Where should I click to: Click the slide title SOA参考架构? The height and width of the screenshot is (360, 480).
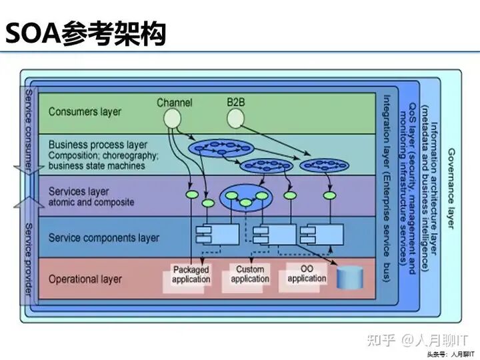click(85, 33)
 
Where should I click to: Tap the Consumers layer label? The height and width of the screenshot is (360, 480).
click(85, 112)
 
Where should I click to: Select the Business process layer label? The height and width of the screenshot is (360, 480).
click(98, 145)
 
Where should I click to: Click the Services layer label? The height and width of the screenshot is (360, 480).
click(79, 192)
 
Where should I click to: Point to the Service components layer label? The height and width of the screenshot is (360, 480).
click(103, 238)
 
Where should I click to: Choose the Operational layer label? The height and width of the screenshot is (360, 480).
click(85, 279)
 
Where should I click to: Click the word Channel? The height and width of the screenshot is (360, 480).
click(175, 103)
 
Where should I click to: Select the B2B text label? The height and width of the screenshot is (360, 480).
click(236, 103)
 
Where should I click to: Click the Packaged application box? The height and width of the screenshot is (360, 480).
click(191, 275)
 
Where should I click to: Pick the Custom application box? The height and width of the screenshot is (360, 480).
click(250, 275)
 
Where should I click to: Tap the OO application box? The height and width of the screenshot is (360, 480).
click(307, 273)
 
